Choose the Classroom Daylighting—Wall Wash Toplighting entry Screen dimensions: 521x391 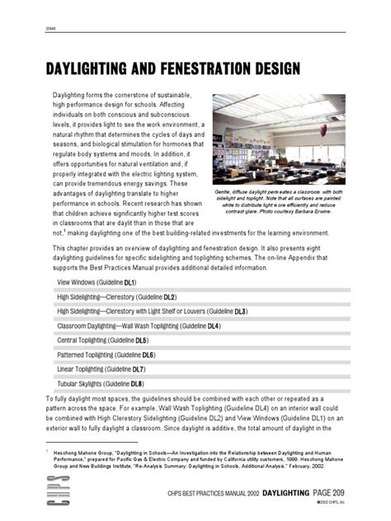click(x=138, y=326)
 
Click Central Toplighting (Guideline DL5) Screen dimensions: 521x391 click(x=102, y=340)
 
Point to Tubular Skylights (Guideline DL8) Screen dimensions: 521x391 click(x=101, y=383)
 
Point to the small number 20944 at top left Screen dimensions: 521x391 click(x=49, y=28)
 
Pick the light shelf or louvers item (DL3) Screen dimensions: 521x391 click(x=152, y=312)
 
